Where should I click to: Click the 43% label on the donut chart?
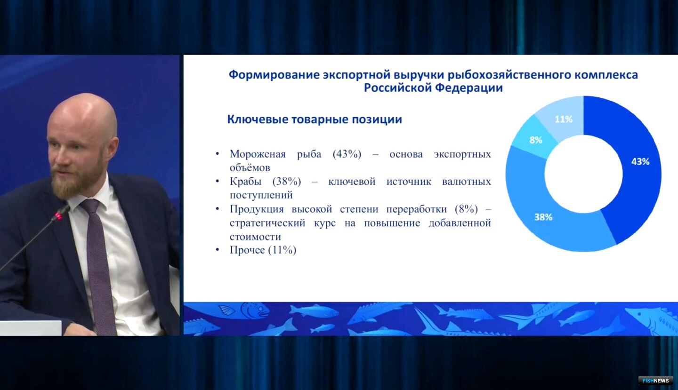point(640,161)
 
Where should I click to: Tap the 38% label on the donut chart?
point(543,217)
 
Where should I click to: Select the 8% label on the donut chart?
point(536,140)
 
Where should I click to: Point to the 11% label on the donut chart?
point(563,119)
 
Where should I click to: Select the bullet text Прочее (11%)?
point(263,250)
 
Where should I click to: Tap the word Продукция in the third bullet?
point(257,209)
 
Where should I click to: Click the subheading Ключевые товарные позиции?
point(315,119)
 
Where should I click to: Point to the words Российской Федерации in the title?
point(433,88)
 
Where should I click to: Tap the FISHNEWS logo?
point(655,381)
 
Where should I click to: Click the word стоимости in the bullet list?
point(255,237)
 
